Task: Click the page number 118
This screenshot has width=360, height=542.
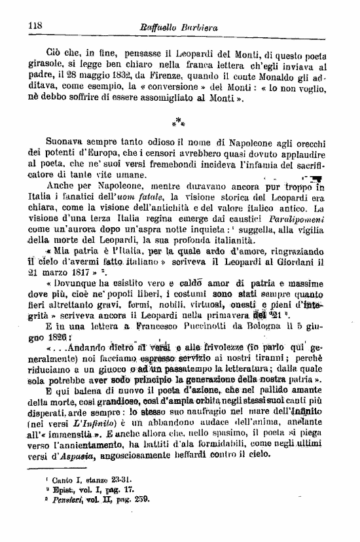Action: click(35, 26)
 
